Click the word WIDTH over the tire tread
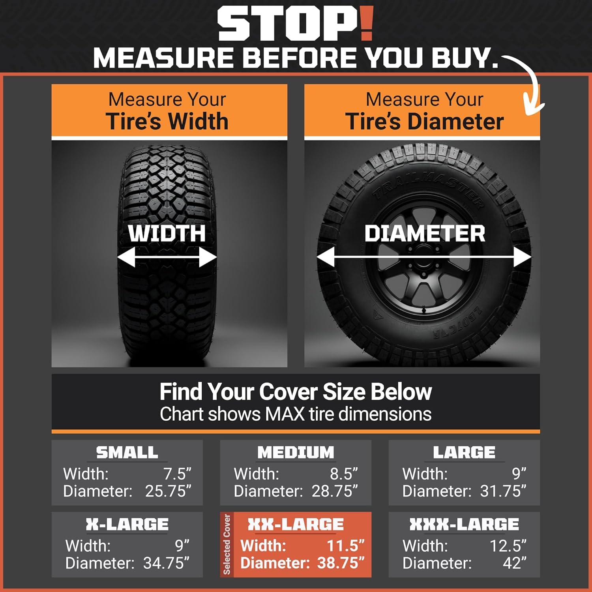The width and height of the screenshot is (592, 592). point(167,233)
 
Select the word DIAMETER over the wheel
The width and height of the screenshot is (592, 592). point(425,233)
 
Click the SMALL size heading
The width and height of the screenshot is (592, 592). point(127,452)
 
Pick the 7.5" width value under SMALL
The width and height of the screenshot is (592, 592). point(177,473)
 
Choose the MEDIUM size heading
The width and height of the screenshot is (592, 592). point(296,452)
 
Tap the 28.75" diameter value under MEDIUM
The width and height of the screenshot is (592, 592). point(335,491)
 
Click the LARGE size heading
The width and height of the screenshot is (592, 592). point(464,452)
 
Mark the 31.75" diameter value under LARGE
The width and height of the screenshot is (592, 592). point(503,491)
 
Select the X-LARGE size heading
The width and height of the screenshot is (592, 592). point(127,524)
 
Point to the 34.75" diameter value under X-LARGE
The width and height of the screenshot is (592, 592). point(166,563)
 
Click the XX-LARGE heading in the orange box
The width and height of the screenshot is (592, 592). point(296,524)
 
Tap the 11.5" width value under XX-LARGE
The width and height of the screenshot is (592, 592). point(346,545)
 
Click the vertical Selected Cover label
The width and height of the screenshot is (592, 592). point(227,544)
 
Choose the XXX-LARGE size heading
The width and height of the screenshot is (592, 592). point(464,524)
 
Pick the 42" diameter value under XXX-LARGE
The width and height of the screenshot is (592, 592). point(515,563)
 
